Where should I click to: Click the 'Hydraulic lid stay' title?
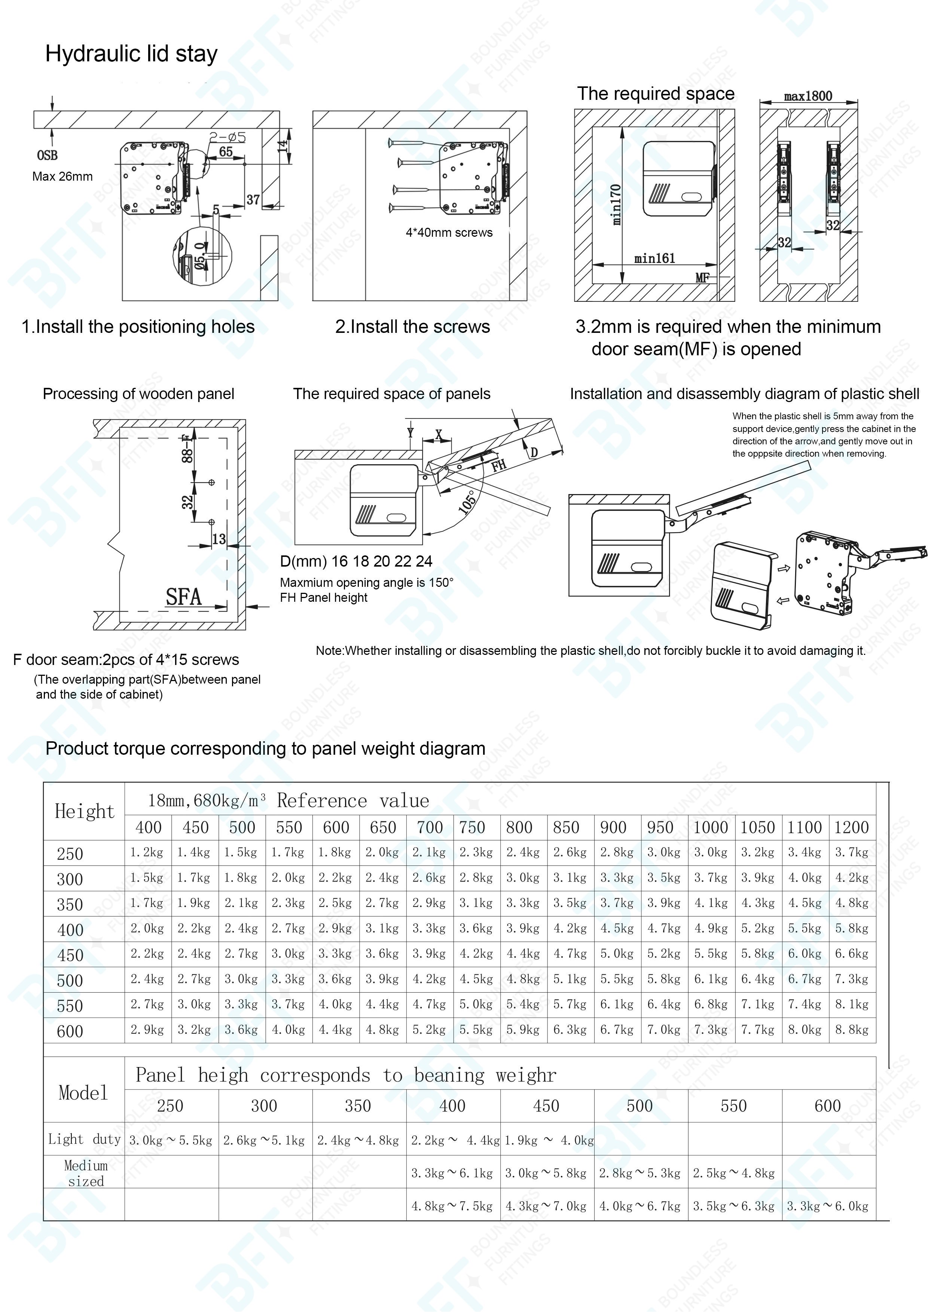coord(131,54)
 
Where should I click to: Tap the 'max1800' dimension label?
coord(808,96)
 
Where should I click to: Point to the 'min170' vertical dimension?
coord(616,204)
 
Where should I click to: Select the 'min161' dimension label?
coord(655,258)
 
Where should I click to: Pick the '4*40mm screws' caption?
coord(449,233)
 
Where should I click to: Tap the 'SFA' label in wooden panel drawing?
coord(183,597)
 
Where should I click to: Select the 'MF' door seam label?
coord(702,278)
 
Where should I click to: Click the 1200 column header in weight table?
coord(851,827)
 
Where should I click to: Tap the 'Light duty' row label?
coord(84,1140)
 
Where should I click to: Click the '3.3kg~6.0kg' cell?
coord(827,1206)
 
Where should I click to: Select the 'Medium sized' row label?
coord(86,1174)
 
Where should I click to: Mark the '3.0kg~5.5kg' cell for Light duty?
coord(170,1141)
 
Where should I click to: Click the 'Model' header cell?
coord(83,1093)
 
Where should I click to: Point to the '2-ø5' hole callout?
coord(228,137)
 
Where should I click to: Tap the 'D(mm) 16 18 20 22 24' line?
coord(355,561)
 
